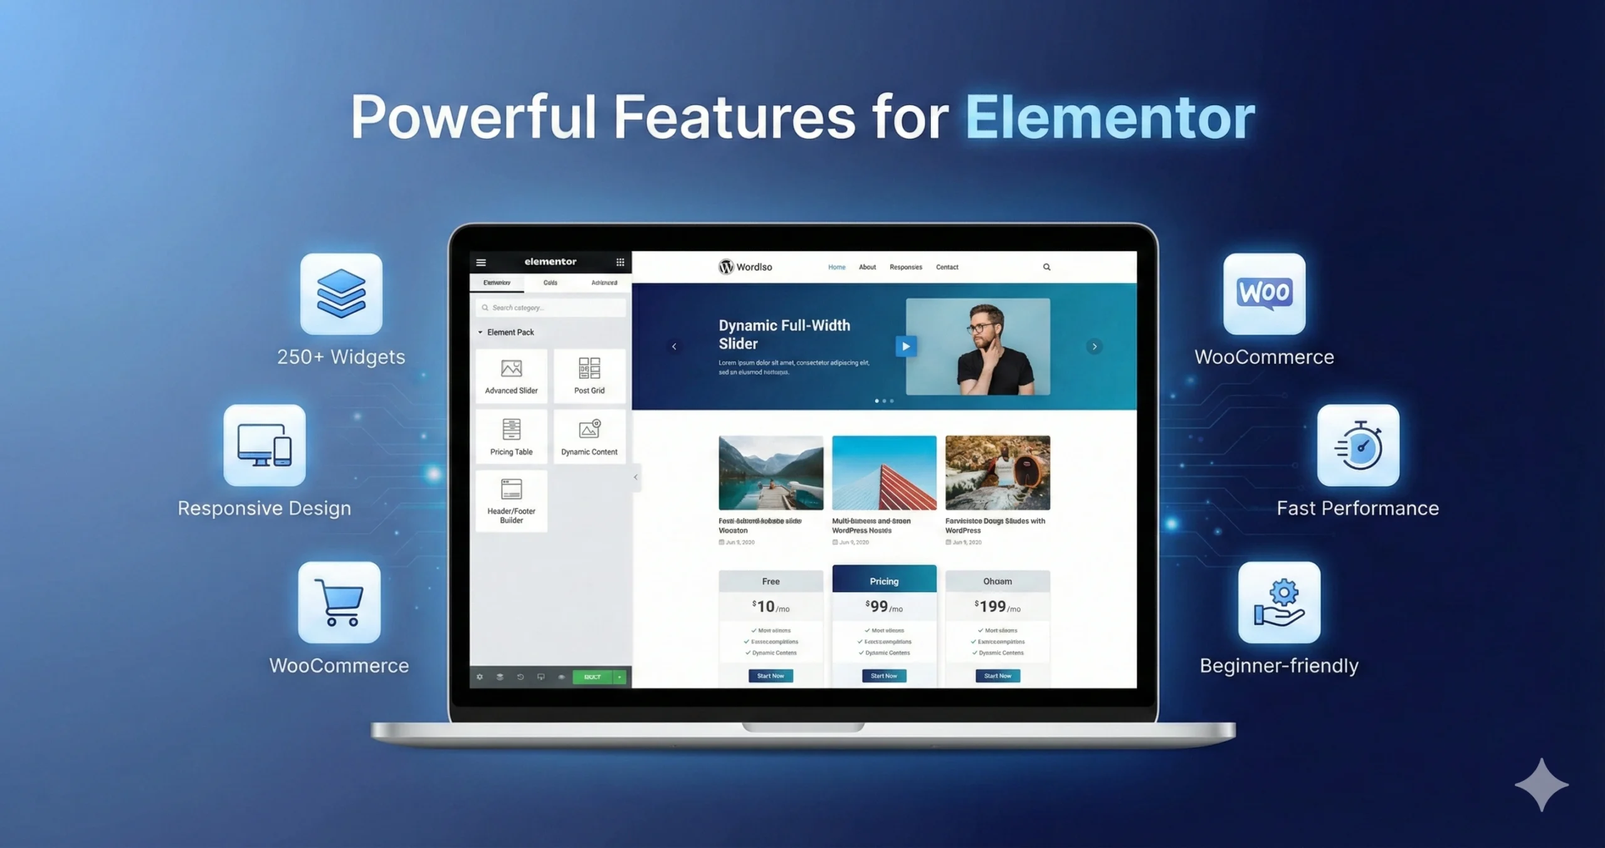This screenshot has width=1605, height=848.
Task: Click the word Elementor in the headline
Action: pyautogui.click(x=1110, y=118)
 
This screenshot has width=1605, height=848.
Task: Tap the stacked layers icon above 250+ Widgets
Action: pyautogui.click(x=341, y=294)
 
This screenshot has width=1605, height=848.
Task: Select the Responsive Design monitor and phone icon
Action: pyautogui.click(x=265, y=445)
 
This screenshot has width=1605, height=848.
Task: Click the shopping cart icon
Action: pyautogui.click(x=339, y=602)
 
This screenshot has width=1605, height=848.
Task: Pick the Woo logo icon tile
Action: pyautogui.click(x=1264, y=294)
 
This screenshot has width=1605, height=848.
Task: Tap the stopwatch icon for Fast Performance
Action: pyautogui.click(x=1358, y=445)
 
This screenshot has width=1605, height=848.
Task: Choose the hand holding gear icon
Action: pyautogui.click(x=1279, y=602)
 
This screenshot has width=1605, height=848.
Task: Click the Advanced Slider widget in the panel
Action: pyautogui.click(x=511, y=376)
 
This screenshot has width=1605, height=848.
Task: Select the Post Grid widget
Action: pyautogui.click(x=589, y=376)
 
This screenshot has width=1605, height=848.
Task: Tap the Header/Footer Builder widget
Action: pyautogui.click(x=511, y=501)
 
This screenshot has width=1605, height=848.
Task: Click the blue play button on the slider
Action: pyautogui.click(x=905, y=346)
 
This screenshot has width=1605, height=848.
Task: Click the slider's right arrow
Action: pyautogui.click(x=1094, y=346)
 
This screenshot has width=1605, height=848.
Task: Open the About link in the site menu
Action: pyautogui.click(x=867, y=267)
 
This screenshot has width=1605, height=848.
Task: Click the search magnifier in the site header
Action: pyautogui.click(x=1046, y=267)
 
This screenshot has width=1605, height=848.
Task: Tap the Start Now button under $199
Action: pyautogui.click(x=997, y=676)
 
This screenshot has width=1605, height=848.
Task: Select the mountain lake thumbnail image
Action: pyautogui.click(x=771, y=472)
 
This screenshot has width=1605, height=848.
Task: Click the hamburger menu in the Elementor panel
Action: pyautogui.click(x=481, y=262)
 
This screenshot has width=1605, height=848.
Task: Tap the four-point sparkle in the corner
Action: pyautogui.click(x=1541, y=785)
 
